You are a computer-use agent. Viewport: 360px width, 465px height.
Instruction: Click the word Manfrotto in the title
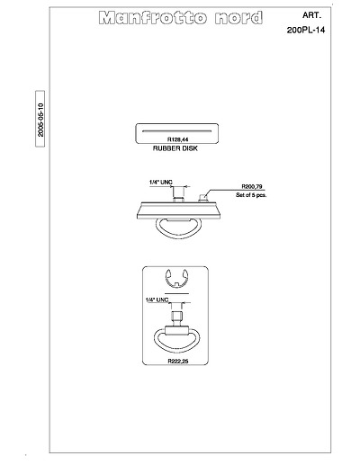pos(153,18)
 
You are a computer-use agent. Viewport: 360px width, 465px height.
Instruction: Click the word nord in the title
pos(238,18)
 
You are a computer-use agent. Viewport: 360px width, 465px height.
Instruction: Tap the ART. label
pos(312,15)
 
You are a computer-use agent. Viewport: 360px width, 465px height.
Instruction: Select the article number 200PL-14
pos(306,30)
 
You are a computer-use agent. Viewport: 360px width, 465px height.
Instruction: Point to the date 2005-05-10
pos(40,120)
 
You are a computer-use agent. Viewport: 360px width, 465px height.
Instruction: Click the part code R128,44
pos(178,139)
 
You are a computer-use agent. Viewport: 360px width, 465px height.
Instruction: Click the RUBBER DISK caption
pos(175,148)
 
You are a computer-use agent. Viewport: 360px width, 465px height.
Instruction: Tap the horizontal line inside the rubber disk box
pos(177,131)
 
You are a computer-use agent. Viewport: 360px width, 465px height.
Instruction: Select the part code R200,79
pos(252,186)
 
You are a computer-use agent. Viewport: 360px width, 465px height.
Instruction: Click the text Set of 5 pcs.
pos(251,195)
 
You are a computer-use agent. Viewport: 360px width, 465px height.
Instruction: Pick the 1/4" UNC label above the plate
pos(161,182)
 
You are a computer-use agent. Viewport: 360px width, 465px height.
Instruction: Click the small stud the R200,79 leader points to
pos(203,198)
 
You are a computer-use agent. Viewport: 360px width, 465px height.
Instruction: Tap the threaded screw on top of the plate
pos(178,194)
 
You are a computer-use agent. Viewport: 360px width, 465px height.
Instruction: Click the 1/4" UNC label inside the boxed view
pos(157,300)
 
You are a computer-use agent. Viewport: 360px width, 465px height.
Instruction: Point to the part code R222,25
pos(178,362)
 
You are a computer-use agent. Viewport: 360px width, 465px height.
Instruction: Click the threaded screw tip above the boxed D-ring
pos(176,316)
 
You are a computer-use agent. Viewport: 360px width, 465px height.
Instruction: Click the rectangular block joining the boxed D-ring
pos(176,331)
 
